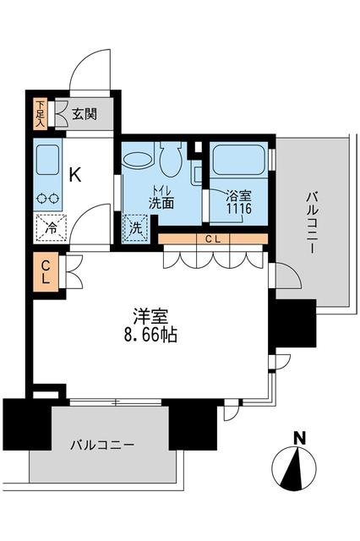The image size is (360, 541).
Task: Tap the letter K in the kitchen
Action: point(75,175)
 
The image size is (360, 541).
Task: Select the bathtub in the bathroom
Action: point(239,159)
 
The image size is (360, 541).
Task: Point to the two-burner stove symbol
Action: point(47,199)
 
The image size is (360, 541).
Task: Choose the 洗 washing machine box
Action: point(134,227)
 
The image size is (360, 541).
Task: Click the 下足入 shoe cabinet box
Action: point(40,113)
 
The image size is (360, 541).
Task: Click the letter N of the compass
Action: point(298,438)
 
